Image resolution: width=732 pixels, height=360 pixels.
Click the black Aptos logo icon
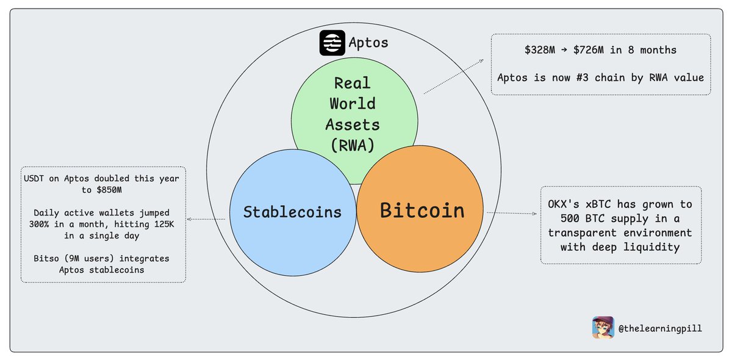click(332, 43)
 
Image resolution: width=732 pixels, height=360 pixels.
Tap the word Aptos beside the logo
click(368, 43)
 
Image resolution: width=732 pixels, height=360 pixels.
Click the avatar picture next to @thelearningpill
click(603, 328)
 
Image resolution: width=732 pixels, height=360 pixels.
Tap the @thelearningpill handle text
click(659, 328)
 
